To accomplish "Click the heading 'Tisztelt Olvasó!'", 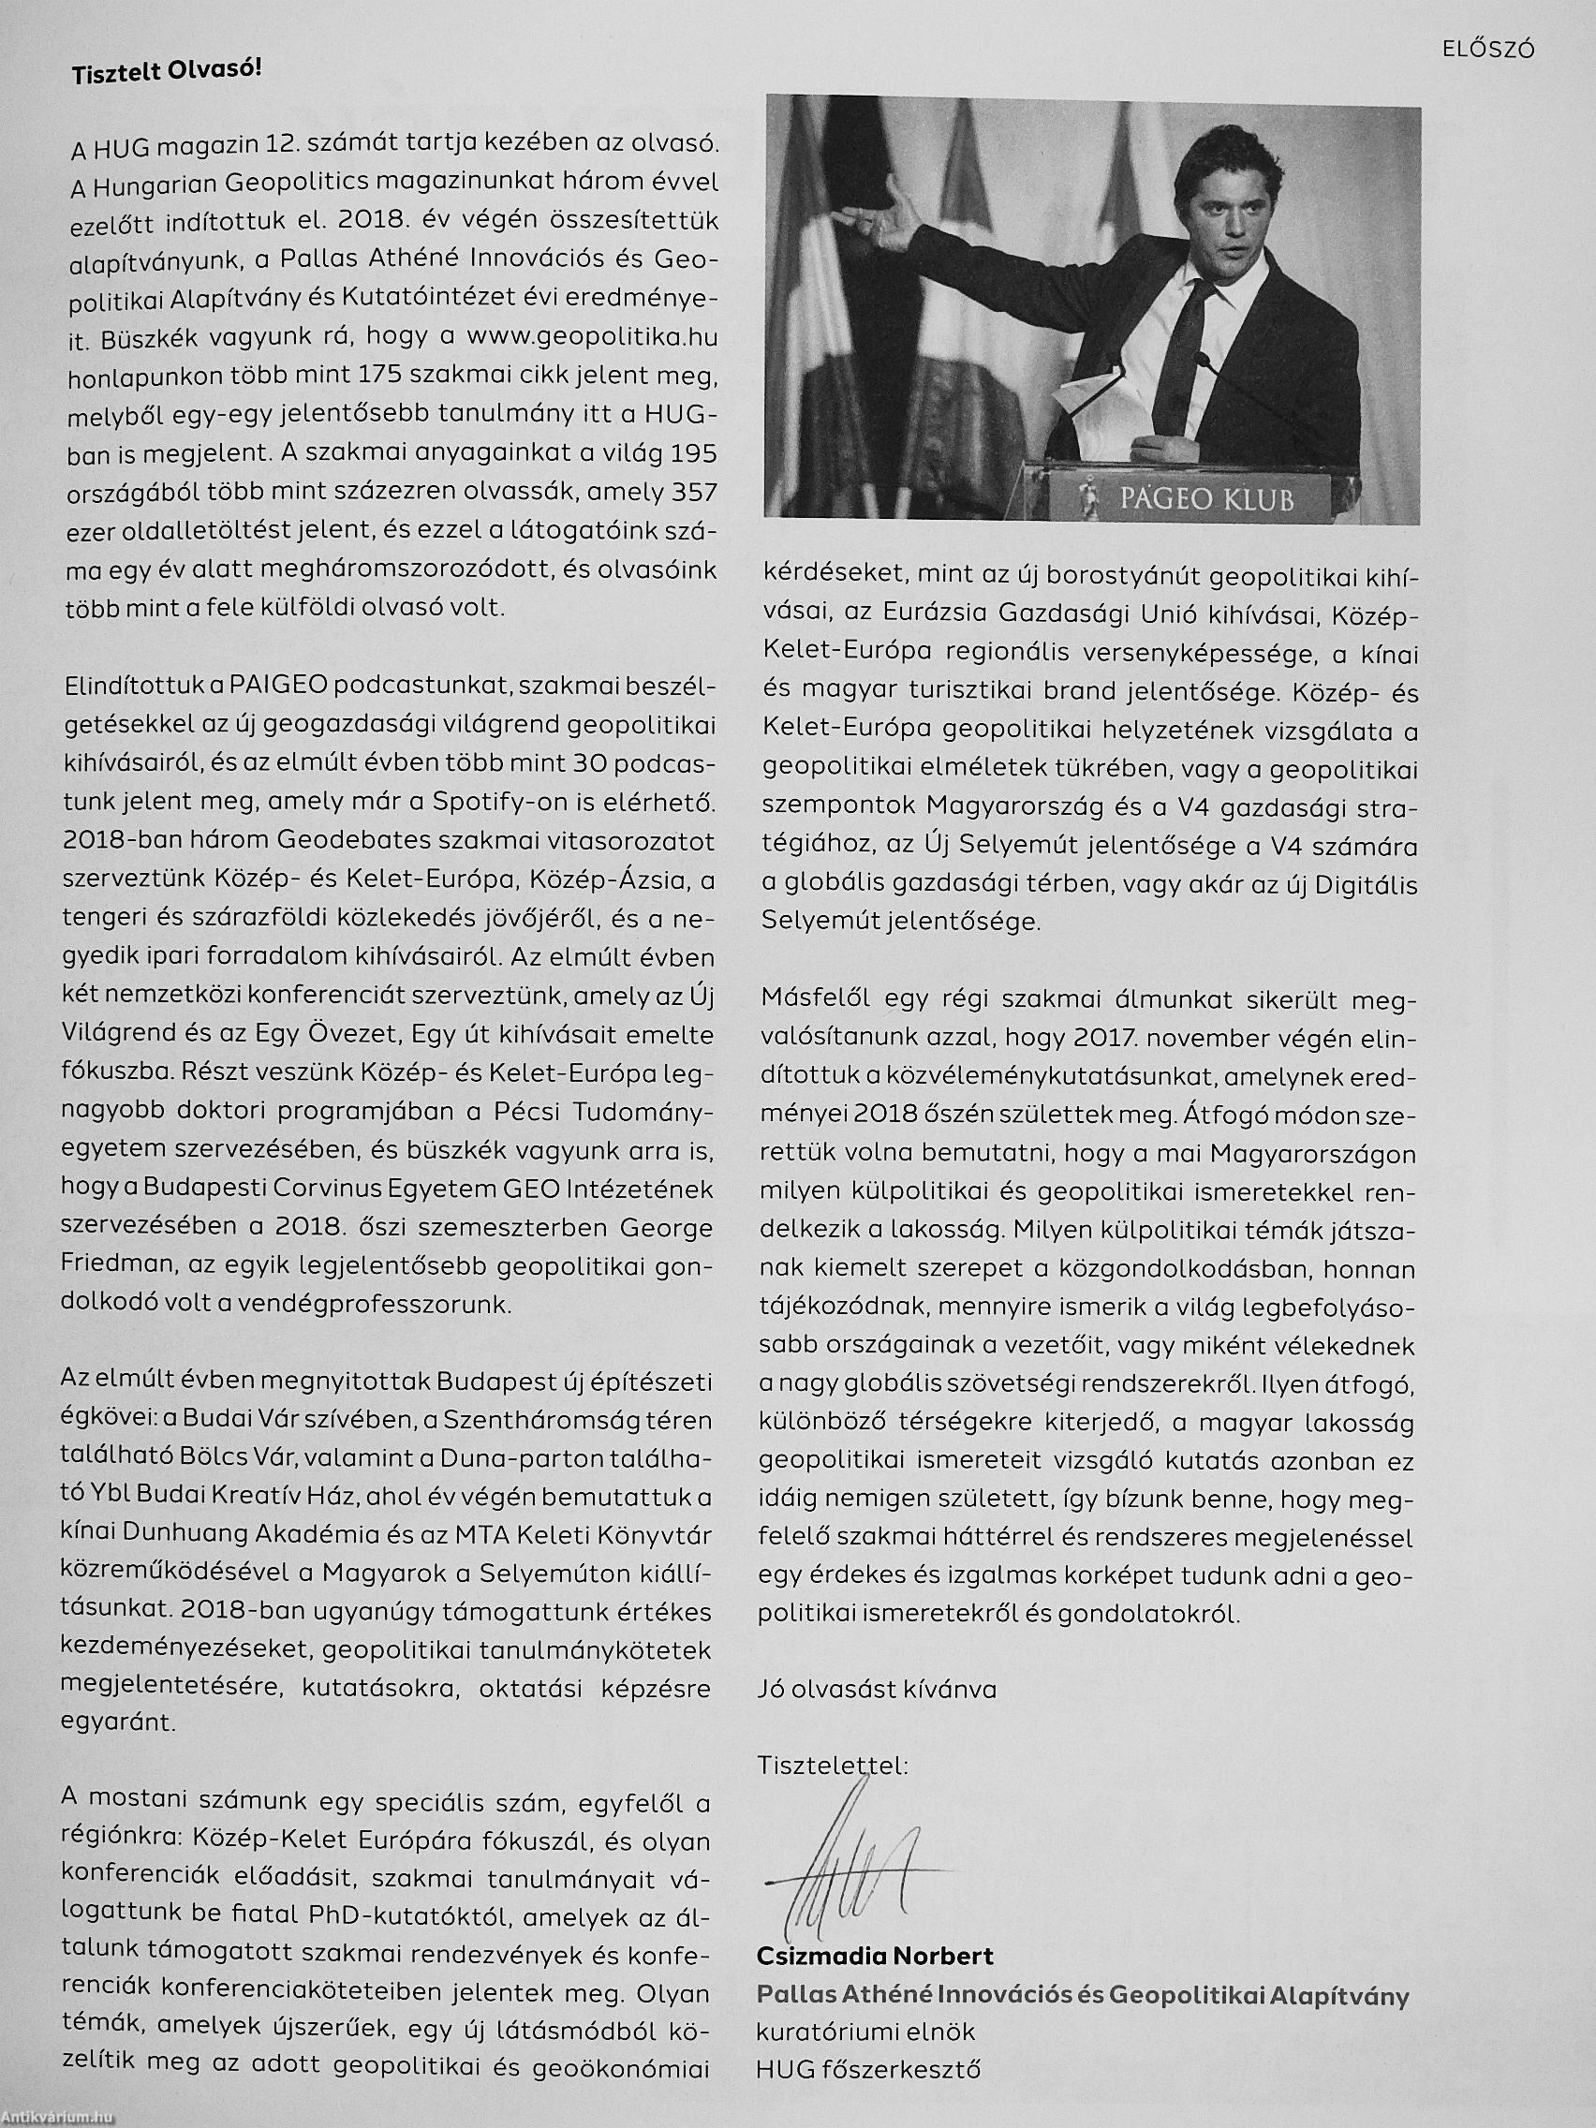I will point(166,75).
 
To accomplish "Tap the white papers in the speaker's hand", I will point(1097,404).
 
